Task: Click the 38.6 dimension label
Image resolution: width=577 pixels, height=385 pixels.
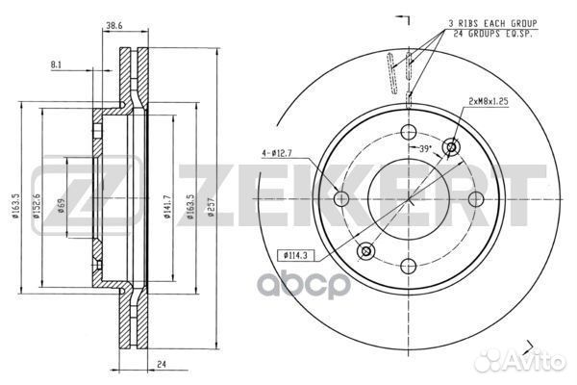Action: [x=114, y=25]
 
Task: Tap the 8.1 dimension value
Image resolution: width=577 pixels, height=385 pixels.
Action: [x=56, y=64]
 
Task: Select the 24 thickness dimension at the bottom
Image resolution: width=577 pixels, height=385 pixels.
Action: [x=162, y=365]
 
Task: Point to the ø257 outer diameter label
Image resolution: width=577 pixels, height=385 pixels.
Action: [x=211, y=208]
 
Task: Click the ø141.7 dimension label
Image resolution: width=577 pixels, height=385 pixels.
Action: [x=167, y=206]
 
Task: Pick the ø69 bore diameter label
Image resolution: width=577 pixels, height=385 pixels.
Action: [x=62, y=206]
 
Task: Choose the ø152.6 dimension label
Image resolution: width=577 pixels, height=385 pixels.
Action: [x=37, y=206]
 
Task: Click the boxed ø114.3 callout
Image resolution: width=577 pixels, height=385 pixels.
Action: [x=296, y=254]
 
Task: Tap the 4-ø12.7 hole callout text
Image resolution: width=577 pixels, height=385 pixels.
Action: [x=277, y=153]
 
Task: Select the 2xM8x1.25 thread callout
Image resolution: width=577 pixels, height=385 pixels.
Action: [x=489, y=101]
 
